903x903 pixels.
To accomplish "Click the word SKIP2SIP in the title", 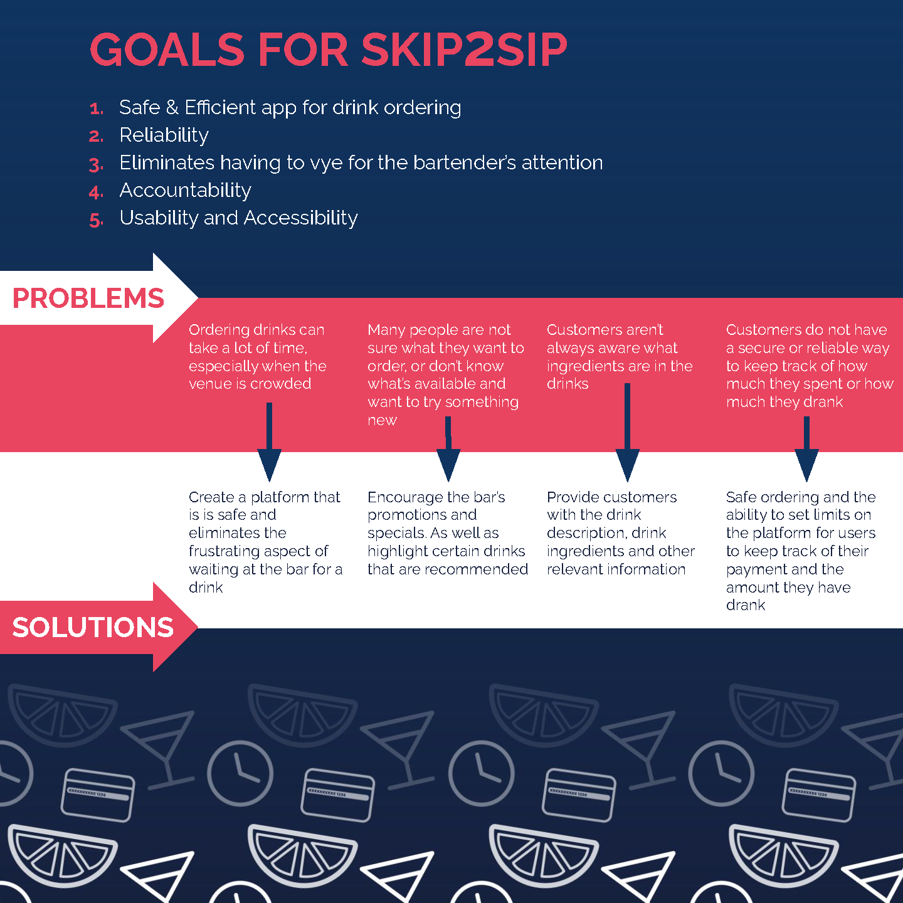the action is pyautogui.click(x=464, y=50).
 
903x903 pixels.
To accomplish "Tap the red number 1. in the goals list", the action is pyautogui.click(x=96, y=109).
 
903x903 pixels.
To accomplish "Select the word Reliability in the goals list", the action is pyautogui.click(x=164, y=135).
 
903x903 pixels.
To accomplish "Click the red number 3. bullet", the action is pyautogui.click(x=96, y=165).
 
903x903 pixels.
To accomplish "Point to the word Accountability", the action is pyautogui.click(x=186, y=190).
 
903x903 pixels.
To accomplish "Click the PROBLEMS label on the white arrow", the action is pyautogui.click(x=88, y=298).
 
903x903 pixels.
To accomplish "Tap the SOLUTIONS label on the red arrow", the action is pyautogui.click(x=93, y=627).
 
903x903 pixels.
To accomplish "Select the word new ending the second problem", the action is pyautogui.click(x=382, y=420).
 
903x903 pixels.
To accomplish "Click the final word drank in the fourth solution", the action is pyautogui.click(x=745, y=605).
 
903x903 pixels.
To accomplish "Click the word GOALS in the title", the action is pyautogui.click(x=167, y=50).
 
